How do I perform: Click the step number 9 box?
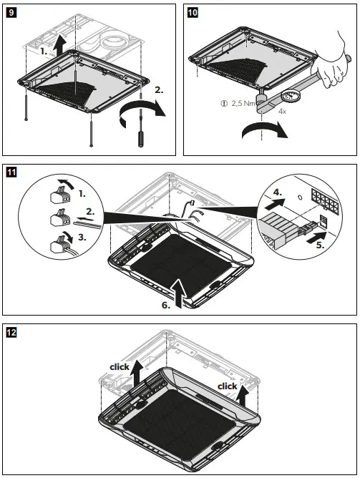[11, 12]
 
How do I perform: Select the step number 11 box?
[11, 172]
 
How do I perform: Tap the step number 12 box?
[11, 332]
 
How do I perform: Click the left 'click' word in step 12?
[119, 366]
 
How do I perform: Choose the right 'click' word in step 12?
[227, 386]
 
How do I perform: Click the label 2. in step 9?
[158, 91]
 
